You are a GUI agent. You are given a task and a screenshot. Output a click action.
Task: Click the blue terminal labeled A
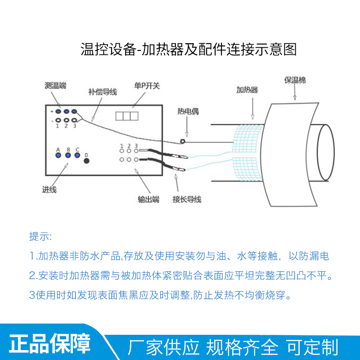pos(58,155)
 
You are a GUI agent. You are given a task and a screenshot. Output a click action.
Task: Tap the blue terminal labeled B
pos(68,155)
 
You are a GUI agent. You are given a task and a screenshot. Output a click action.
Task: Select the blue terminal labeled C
pos(77,155)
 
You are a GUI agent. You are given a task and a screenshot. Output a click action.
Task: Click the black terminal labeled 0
pos(86,160)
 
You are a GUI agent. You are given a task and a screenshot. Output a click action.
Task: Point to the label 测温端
pos(56,85)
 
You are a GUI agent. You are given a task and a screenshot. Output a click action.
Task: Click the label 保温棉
pos(295,81)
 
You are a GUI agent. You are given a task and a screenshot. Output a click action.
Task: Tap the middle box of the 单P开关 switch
pos(126,116)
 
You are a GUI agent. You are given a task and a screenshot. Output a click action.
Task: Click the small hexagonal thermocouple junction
pos(183,142)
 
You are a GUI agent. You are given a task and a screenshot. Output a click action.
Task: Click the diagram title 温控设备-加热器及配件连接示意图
pos(189,49)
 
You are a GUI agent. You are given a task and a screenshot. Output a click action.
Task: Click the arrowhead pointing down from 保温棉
pos(295,98)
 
